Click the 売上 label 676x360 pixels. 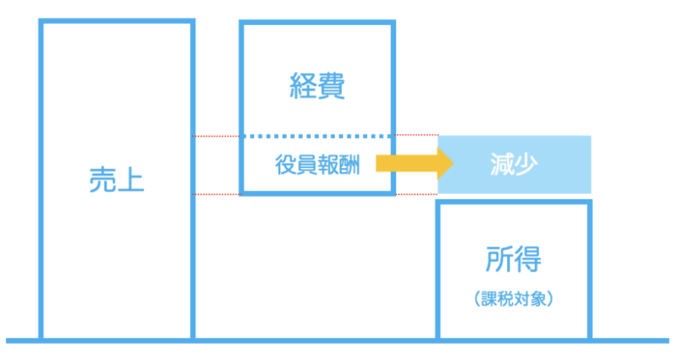point(117,180)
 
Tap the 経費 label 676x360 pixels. point(318,86)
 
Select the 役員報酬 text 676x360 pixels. point(318,164)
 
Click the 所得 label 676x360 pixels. point(514,259)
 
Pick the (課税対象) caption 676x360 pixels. point(514,298)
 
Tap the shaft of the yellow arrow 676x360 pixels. point(407,164)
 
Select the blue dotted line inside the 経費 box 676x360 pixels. point(318,136)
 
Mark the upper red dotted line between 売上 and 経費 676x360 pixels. point(215,136)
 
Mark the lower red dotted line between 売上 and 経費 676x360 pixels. point(215,194)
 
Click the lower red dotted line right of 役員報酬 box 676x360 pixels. point(416,194)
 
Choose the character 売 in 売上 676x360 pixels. point(102,180)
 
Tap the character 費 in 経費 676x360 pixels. point(331,86)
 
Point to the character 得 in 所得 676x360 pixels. point(527,259)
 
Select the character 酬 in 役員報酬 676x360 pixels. point(350,164)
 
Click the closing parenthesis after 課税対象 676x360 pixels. point(549,298)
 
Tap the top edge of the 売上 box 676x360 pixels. point(117,21)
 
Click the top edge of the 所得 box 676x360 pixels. point(514,202)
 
